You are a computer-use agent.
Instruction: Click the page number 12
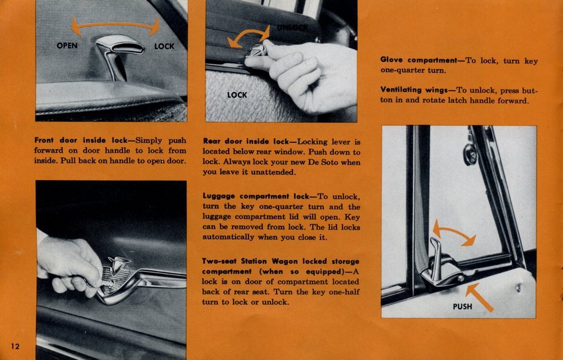(x=15, y=346)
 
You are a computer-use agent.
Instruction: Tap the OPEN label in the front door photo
(x=67, y=46)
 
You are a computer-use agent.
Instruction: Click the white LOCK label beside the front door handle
(x=164, y=47)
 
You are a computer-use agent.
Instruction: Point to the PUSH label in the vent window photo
(x=462, y=307)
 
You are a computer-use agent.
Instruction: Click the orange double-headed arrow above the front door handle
(x=115, y=25)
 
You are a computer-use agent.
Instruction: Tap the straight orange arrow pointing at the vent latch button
(x=479, y=297)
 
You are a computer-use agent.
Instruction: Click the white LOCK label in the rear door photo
(x=237, y=95)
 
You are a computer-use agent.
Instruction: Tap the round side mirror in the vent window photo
(x=470, y=155)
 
